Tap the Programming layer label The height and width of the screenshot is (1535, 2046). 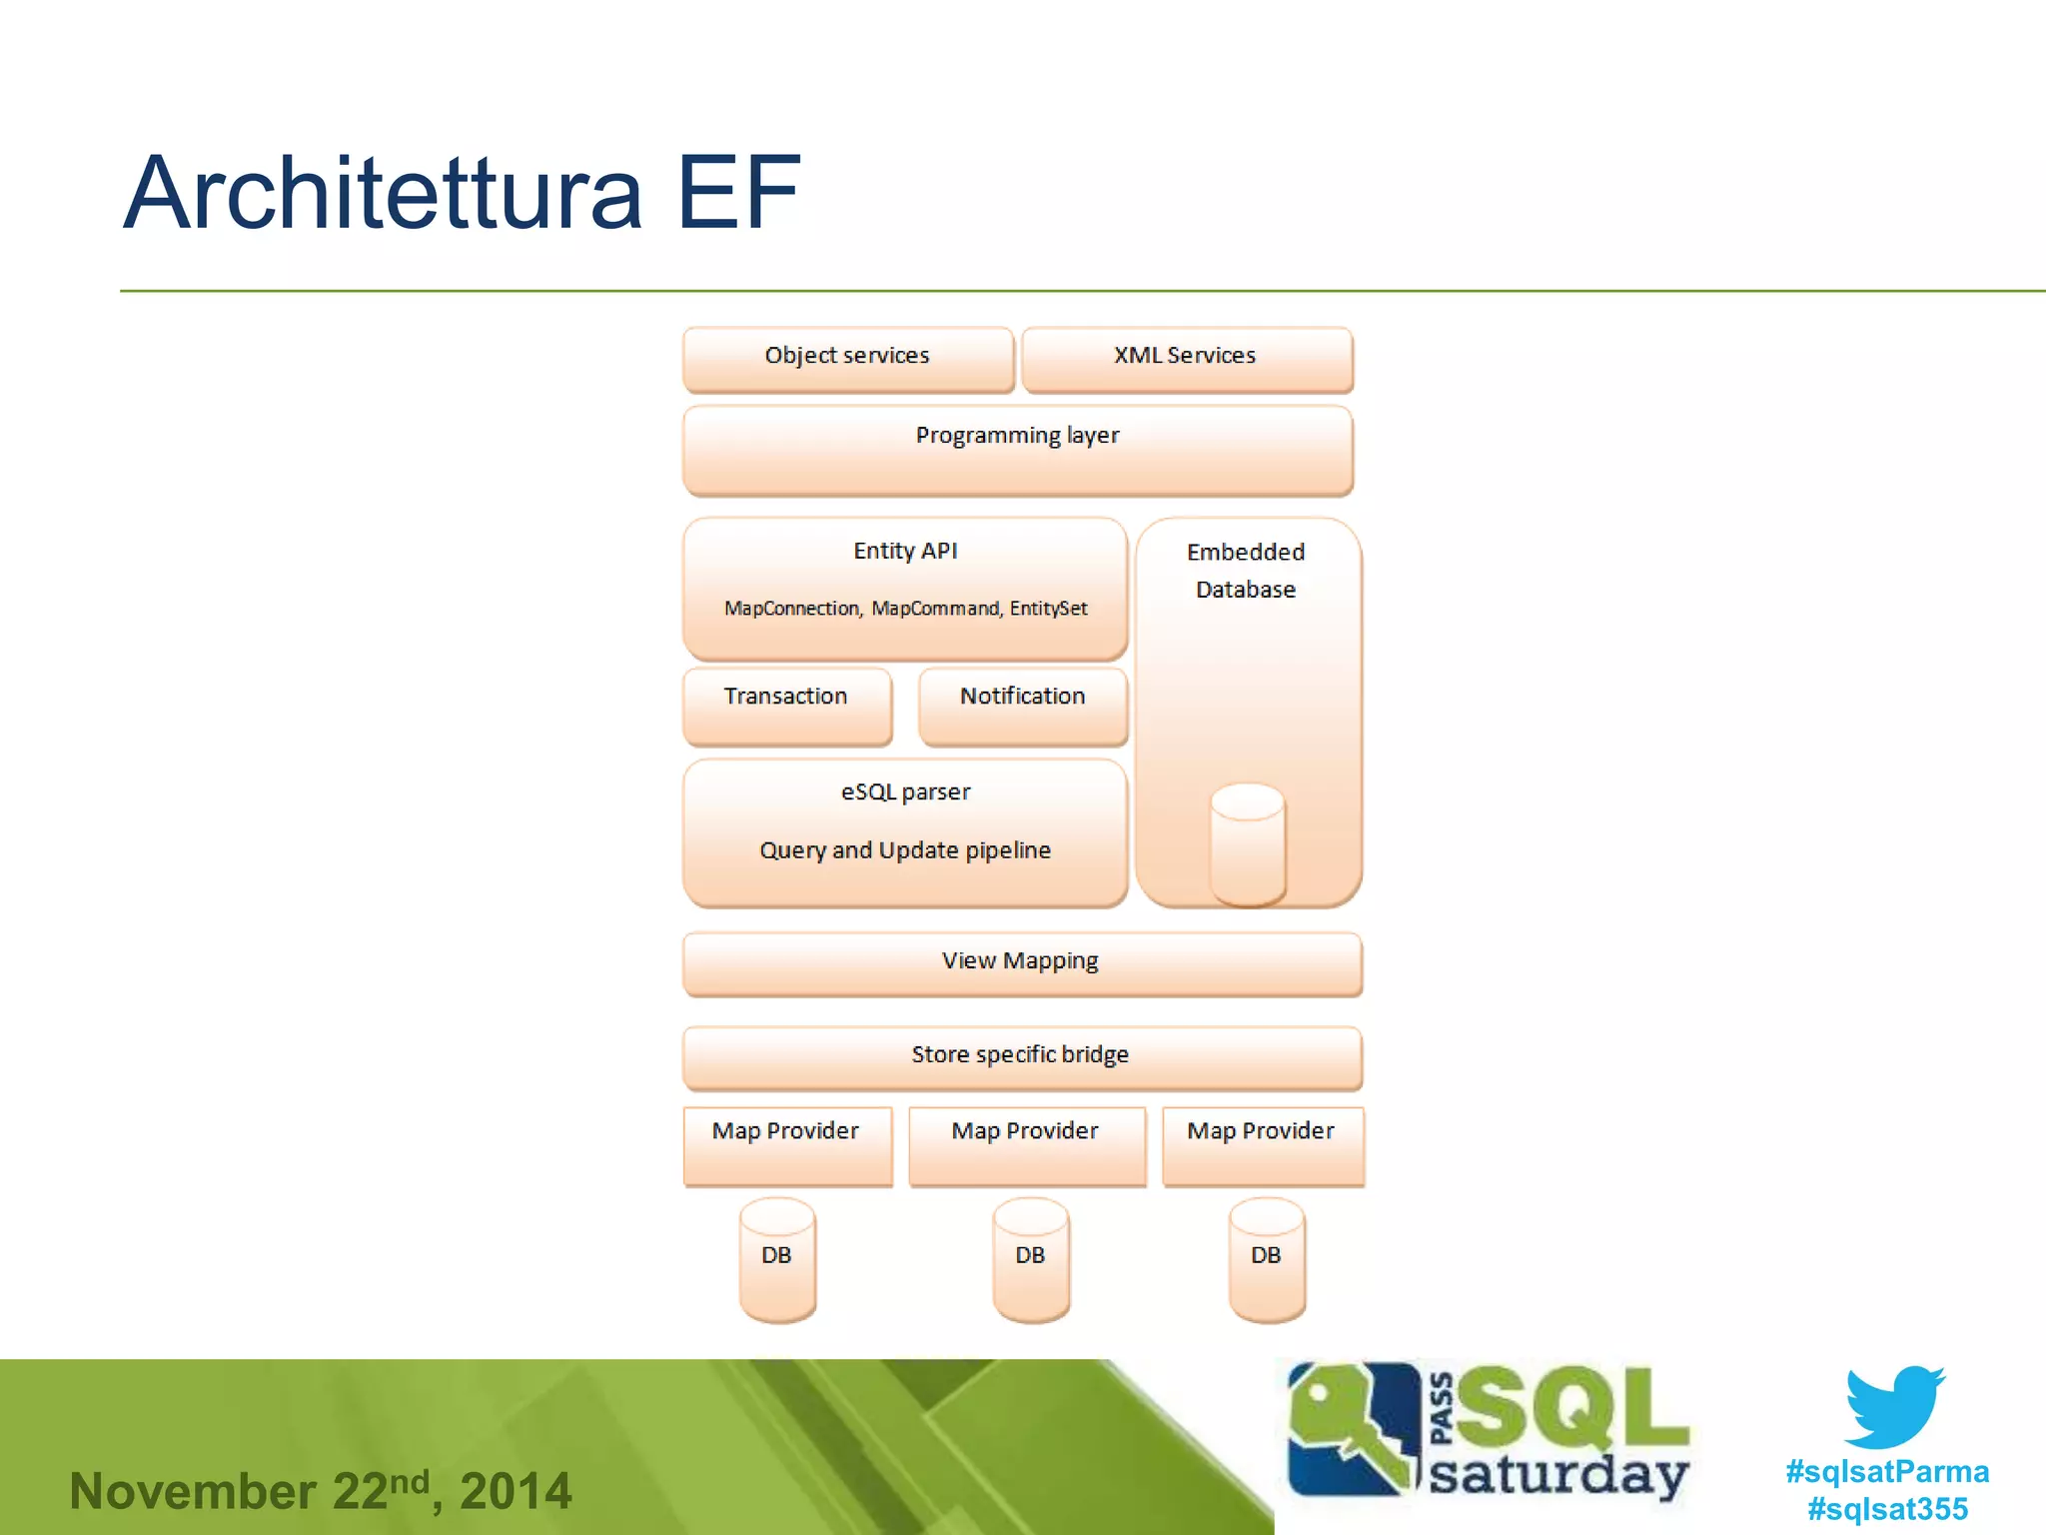pyautogui.click(x=1017, y=436)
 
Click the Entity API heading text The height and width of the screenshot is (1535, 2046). pyautogui.click(x=905, y=551)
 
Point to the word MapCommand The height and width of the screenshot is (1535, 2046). pyautogui.click(x=934, y=609)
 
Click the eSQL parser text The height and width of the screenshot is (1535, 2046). pyautogui.click(x=905, y=792)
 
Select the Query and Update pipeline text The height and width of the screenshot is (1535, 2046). pyautogui.click(x=905, y=850)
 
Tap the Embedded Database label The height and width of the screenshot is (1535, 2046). pyautogui.click(x=1246, y=571)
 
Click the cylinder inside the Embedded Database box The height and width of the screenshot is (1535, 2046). pyautogui.click(x=1247, y=844)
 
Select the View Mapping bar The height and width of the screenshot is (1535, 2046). pyautogui.click(x=1021, y=962)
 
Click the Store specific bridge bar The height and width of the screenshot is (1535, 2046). pyautogui.click(x=1021, y=1056)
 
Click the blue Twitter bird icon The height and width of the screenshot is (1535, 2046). pyautogui.click(x=1892, y=1406)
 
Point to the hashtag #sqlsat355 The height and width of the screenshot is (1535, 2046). pyautogui.click(x=1887, y=1508)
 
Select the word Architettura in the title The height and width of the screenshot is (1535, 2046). pyautogui.click(x=383, y=194)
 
